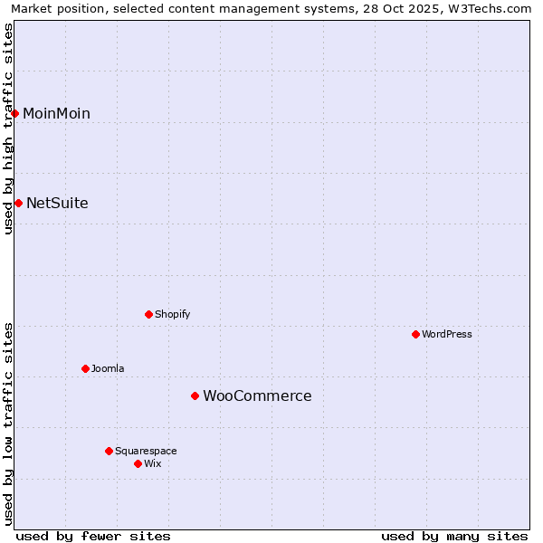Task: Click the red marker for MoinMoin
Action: click(15, 113)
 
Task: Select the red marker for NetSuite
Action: click(18, 203)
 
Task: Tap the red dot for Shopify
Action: click(148, 314)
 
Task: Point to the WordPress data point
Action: click(415, 334)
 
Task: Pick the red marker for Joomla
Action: click(85, 368)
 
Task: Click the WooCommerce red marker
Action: click(195, 395)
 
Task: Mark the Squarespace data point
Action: click(109, 451)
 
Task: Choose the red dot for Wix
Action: click(138, 463)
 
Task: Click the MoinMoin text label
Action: click(56, 113)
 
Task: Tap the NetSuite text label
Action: click(57, 203)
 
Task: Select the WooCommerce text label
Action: click(257, 395)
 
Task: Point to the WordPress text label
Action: click(447, 334)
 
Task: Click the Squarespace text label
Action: click(146, 451)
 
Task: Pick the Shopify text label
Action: click(172, 314)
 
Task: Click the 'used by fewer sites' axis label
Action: click(93, 536)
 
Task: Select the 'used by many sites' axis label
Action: click(454, 536)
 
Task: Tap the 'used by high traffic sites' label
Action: click(8, 129)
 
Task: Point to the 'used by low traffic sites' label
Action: click(8, 423)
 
